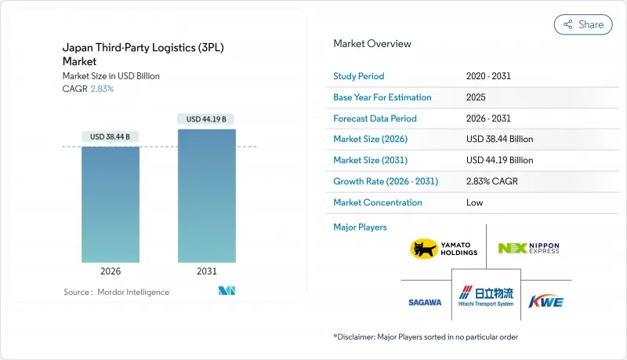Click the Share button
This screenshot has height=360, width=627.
(583, 24)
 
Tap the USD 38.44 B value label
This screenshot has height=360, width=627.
(111, 136)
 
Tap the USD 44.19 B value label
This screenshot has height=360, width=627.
(207, 119)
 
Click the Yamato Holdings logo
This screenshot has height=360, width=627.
(444, 249)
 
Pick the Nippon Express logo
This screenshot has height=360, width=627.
(529, 249)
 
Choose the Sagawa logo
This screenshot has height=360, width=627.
(424, 302)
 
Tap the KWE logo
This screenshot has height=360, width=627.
(546, 302)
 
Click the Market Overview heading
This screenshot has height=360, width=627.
(372, 43)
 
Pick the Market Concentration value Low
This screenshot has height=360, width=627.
(474, 202)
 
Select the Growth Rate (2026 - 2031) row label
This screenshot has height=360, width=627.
(386, 181)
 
